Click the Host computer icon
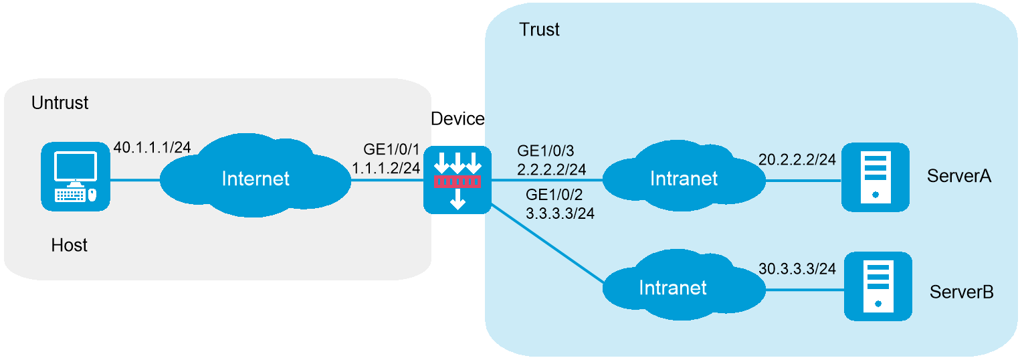pyautogui.click(x=75, y=175)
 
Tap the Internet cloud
pyautogui.click(x=255, y=178)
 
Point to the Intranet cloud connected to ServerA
pyautogui.click(x=684, y=178)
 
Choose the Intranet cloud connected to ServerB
pyautogui.click(x=673, y=288)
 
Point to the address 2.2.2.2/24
pyautogui.click(x=552, y=169)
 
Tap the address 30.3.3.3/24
pyautogui.click(x=797, y=268)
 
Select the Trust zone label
pyautogui.click(x=540, y=29)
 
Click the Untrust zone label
pyautogui.click(x=60, y=104)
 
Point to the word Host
pyautogui.click(x=70, y=246)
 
